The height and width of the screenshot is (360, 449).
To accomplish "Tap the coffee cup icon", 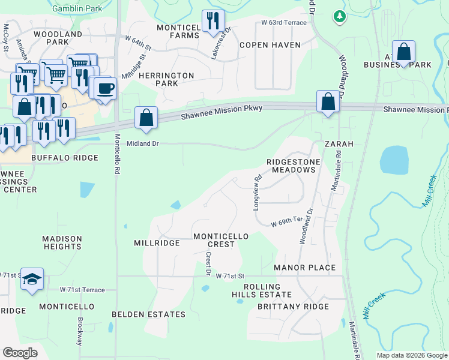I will click(x=106, y=88).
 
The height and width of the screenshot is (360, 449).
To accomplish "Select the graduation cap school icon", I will click(x=32, y=279).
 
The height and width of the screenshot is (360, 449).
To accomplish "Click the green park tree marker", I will click(x=340, y=16).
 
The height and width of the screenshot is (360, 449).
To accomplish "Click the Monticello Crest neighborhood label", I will click(x=220, y=240).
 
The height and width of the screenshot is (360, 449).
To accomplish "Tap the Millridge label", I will click(x=157, y=243).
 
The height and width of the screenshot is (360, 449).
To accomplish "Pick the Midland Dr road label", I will click(x=142, y=143).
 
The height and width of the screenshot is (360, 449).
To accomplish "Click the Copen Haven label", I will click(x=265, y=45).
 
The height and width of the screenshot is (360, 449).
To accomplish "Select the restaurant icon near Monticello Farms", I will click(x=213, y=21).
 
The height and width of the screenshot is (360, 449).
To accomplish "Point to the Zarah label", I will click(x=339, y=145).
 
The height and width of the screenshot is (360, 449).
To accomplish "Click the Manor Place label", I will click(x=304, y=267).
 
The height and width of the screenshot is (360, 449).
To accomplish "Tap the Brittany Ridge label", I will click(x=293, y=307).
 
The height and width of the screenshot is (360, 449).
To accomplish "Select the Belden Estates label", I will click(x=149, y=314).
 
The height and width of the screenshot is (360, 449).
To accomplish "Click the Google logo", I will click(x=20, y=353).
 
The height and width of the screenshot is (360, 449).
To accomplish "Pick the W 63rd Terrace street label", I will click(x=284, y=23).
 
